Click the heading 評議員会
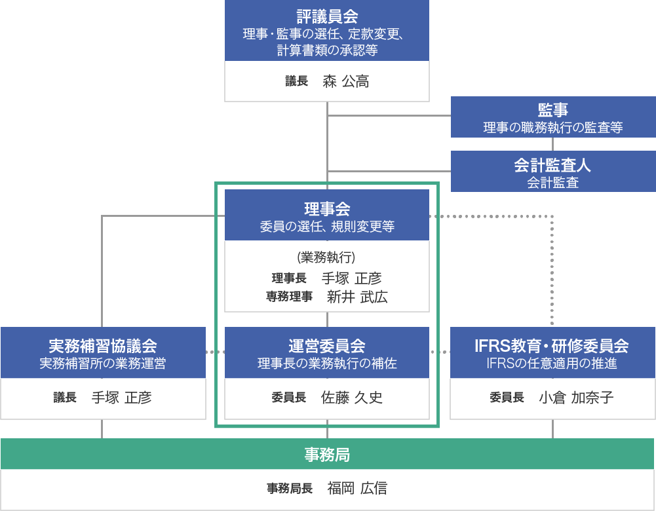coord(327,16)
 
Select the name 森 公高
coord(346,81)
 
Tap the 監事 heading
coord(552,109)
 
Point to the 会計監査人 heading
coord(552,165)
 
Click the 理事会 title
coord(327,208)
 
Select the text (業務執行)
coord(326,257)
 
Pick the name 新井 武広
coord(357,297)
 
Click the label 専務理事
coord(289,297)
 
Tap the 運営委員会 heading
coord(327,346)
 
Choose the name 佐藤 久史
coord(352,397)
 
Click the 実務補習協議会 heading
coord(103,346)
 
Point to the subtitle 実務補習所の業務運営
coord(103,364)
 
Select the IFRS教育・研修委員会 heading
coord(552,346)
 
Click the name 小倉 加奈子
coord(576,397)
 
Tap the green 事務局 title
coord(327,455)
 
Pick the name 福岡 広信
coord(357,488)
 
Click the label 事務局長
coord(290,488)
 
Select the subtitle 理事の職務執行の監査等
coord(553,128)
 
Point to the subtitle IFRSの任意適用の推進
coord(552,364)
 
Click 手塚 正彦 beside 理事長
coord(352,278)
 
